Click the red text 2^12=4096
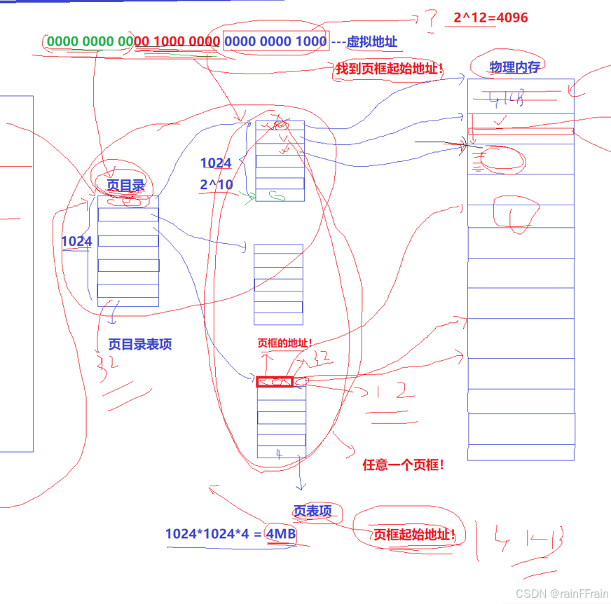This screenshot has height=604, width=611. pos(490,18)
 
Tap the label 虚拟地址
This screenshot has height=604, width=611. pos(371,42)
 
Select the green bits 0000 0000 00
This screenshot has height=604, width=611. pos(89,41)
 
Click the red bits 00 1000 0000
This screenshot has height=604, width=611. pos(177,41)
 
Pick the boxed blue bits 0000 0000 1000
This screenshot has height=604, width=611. pos(275,41)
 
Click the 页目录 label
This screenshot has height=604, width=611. pos(126,185)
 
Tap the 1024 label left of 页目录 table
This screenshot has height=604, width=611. pos(77,242)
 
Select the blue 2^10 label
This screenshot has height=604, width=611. pos(216,185)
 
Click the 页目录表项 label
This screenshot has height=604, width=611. pos(140,344)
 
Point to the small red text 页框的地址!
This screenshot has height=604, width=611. pos(284,343)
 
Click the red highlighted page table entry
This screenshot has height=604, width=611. pos(275,382)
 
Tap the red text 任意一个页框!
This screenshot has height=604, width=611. pos(403,465)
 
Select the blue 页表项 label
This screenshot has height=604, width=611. pos(313,511)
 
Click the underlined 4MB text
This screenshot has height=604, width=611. pos(280,534)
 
